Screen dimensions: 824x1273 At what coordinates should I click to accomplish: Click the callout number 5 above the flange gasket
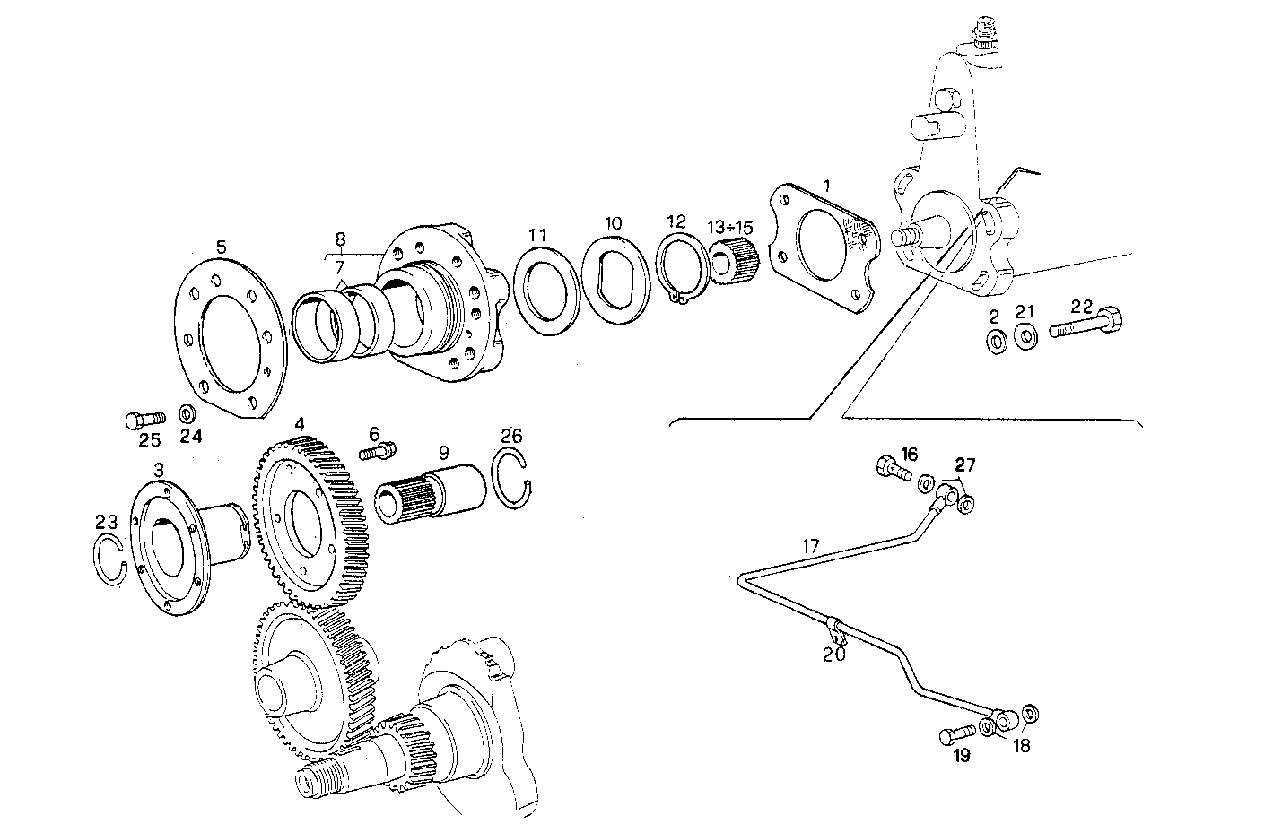point(221,246)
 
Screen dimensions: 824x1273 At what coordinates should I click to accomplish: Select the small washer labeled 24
point(188,415)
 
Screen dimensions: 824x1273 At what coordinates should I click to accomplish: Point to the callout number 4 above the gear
point(300,424)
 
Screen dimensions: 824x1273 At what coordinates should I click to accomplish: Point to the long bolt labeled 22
point(1088,325)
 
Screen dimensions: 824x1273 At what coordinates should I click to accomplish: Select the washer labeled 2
point(995,342)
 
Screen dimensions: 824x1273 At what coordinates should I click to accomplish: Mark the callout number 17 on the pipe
point(810,545)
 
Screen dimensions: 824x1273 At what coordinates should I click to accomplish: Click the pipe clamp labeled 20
point(834,630)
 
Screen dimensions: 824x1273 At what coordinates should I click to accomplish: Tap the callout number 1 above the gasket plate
point(826,185)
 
